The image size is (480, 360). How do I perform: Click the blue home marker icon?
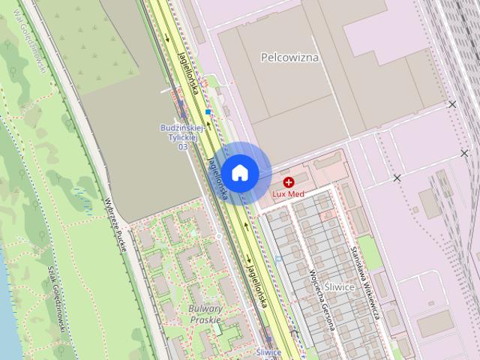(x=239, y=172)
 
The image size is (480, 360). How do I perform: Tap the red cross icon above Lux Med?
(x=289, y=182)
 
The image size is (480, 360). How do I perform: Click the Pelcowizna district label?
(x=289, y=56)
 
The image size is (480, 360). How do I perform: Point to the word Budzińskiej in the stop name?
(x=178, y=128)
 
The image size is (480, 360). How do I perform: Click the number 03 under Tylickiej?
(x=182, y=147)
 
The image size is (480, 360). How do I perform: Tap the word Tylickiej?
(x=181, y=138)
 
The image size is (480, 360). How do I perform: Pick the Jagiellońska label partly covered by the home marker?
(x=217, y=180)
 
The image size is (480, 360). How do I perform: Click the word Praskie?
(x=205, y=319)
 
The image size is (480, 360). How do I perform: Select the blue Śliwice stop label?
(x=268, y=352)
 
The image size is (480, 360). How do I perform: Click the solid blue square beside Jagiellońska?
(x=208, y=112)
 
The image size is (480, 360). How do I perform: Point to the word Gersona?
(x=328, y=315)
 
